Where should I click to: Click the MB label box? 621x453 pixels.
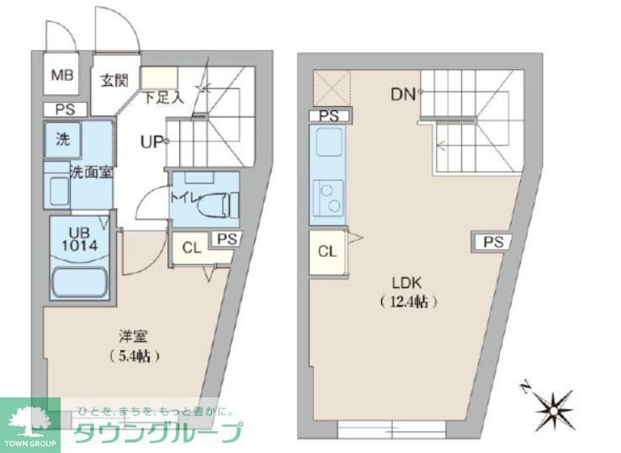[x=61, y=76]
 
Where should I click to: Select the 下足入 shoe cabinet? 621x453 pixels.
[x=157, y=82]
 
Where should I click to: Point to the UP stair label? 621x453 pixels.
[x=151, y=141]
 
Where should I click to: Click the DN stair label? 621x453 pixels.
[x=403, y=94]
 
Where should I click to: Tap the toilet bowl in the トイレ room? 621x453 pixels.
[x=220, y=203]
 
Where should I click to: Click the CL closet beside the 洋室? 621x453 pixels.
[x=191, y=248]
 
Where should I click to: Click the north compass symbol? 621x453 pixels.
[x=554, y=408]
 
